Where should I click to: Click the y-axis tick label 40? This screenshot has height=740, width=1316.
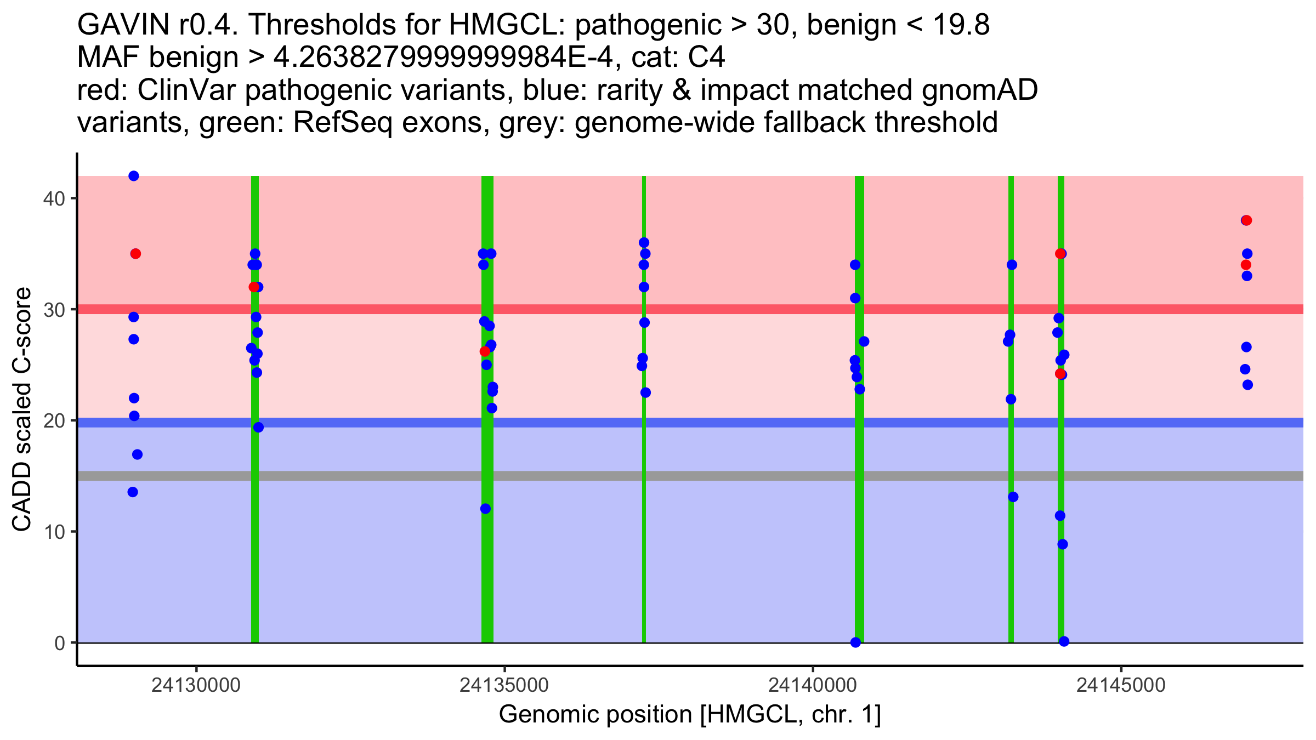click(x=53, y=198)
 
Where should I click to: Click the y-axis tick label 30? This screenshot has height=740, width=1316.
click(x=53, y=310)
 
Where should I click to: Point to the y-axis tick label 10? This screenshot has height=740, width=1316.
click(x=53, y=532)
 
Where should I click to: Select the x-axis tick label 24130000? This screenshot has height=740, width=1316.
click(x=196, y=685)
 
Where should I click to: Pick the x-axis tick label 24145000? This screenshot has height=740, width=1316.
click(x=1120, y=685)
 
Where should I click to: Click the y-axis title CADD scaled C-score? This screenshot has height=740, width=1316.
click(x=22, y=409)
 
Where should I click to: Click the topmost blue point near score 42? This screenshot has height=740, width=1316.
click(x=134, y=176)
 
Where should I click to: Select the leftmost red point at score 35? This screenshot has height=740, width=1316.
click(x=135, y=254)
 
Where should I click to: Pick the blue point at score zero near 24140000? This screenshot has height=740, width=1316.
click(x=855, y=642)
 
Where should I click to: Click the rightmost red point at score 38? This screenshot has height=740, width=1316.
click(x=1247, y=220)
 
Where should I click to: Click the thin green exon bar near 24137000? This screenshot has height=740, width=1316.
click(x=644, y=493)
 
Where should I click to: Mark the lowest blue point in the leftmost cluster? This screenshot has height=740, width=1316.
click(x=133, y=492)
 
